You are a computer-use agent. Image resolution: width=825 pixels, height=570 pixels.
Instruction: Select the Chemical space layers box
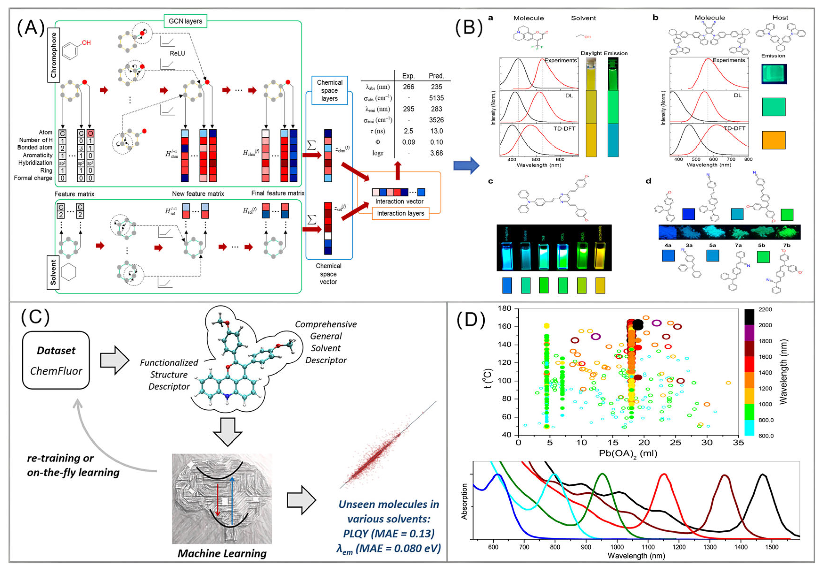[x=329, y=90]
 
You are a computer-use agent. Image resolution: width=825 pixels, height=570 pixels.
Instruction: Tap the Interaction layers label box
[x=400, y=213]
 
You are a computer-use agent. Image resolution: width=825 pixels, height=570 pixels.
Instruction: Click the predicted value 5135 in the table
[x=436, y=98]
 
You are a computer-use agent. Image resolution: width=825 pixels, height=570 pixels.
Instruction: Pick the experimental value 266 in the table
[x=408, y=87]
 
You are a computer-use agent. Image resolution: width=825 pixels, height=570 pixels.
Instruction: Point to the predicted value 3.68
[x=436, y=153]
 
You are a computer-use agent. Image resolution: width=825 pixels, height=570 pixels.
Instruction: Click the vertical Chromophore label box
[x=53, y=55]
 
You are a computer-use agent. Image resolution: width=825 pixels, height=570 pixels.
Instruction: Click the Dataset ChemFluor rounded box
[x=56, y=360]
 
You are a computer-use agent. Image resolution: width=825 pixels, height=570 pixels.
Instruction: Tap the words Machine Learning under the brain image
[x=222, y=553]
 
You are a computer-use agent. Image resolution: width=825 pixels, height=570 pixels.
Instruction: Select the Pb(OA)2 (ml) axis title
[x=628, y=453]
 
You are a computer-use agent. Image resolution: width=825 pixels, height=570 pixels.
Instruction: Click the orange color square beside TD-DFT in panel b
[x=773, y=140]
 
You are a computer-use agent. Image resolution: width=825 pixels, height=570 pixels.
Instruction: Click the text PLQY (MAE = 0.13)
[x=388, y=533]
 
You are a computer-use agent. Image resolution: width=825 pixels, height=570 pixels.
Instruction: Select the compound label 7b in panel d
[x=786, y=245]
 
